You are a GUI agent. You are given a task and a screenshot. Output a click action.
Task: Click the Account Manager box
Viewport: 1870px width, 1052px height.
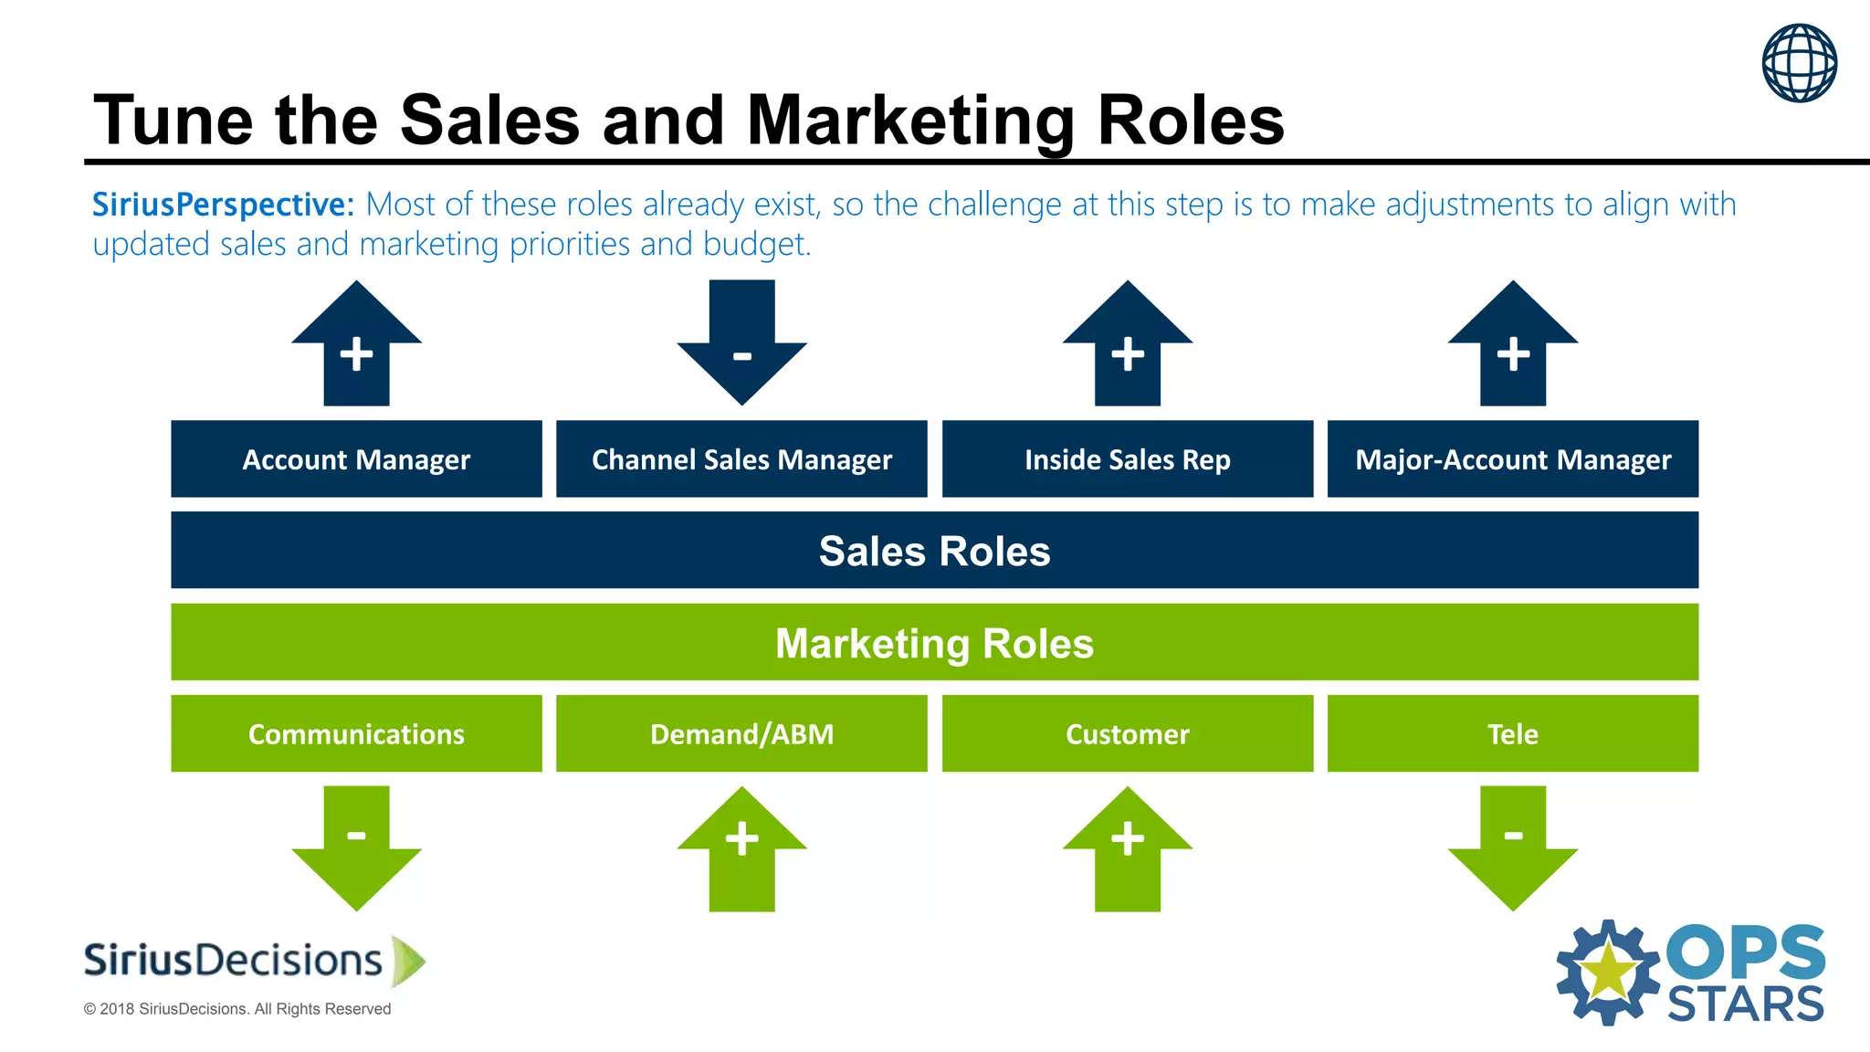356,458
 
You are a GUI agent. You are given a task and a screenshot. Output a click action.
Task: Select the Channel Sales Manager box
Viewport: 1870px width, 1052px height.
741,458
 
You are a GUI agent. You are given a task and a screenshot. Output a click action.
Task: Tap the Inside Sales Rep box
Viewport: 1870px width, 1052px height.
1127,458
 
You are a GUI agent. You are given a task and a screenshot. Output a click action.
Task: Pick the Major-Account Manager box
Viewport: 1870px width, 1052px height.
1512,458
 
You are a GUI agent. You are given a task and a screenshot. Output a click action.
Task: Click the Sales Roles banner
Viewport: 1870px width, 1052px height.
934,550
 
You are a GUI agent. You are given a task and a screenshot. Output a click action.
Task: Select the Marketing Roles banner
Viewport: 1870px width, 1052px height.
934,642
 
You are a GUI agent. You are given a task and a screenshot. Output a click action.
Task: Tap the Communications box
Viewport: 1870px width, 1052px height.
356,733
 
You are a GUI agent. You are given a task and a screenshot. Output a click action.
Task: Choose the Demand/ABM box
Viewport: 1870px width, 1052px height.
741,733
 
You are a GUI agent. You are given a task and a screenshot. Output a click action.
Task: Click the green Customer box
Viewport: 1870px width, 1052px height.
1127,733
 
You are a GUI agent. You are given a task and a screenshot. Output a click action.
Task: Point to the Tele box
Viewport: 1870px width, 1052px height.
1512,733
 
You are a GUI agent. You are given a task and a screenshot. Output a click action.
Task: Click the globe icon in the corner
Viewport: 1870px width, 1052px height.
1799,62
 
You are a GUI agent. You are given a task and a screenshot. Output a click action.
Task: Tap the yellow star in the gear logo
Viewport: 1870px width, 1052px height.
1608,972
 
